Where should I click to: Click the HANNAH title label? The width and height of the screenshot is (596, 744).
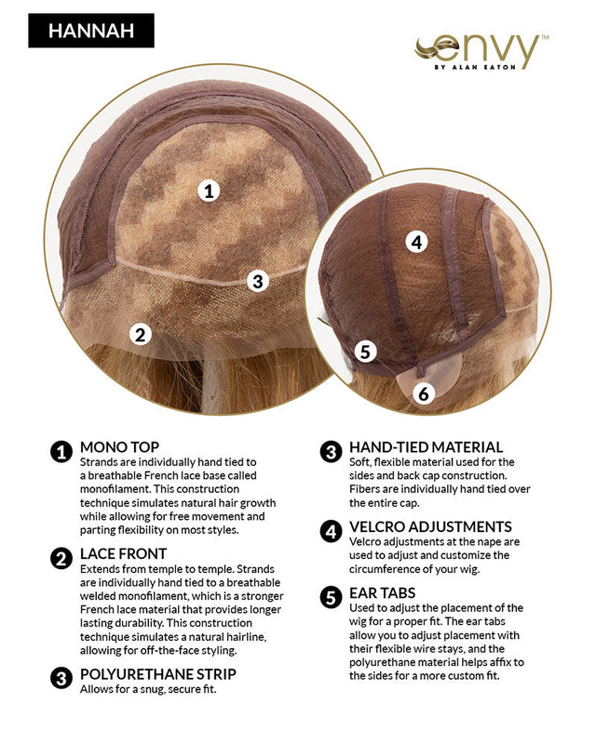(x=91, y=31)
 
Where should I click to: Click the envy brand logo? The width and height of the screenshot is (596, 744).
(x=480, y=51)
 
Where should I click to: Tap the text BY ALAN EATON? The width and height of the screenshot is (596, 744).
(x=475, y=67)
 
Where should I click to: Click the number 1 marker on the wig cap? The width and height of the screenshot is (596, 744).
(x=209, y=192)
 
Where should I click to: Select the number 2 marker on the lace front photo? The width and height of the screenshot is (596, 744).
(x=141, y=335)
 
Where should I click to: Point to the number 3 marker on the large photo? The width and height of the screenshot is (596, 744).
(x=258, y=281)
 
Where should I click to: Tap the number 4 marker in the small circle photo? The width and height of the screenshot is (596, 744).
(x=416, y=242)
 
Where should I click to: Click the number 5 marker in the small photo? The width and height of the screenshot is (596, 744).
(x=365, y=352)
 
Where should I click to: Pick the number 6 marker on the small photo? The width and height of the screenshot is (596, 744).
(x=424, y=393)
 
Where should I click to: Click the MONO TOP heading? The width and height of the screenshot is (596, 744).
(x=119, y=447)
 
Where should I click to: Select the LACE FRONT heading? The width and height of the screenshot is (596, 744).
(x=123, y=553)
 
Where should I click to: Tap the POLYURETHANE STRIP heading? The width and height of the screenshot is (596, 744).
(x=157, y=674)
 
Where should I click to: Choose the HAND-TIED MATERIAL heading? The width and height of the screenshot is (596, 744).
(x=426, y=447)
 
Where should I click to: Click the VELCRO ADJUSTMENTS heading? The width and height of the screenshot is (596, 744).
(x=430, y=526)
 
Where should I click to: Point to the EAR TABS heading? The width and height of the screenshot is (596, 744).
(x=382, y=593)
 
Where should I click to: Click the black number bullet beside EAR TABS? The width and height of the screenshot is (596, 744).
(x=331, y=597)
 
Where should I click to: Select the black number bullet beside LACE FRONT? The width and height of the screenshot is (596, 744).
(x=61, y=559)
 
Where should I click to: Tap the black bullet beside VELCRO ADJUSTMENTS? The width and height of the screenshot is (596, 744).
(x=331, y=531)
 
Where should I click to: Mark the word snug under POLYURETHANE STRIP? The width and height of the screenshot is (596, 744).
(x=145, y=689)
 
